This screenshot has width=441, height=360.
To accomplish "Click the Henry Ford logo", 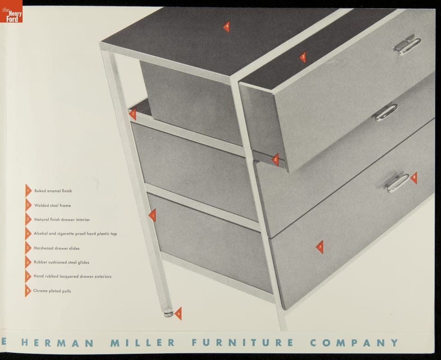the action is [x=11, y=11].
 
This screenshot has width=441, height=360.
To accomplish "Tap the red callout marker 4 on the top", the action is [x=227, y=27].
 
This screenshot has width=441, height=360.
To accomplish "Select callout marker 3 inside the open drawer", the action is [x=303, y=57].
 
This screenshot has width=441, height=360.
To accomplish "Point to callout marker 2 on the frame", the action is [x=133, y=114].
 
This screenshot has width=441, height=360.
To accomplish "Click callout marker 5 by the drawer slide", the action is [x=275, y=160].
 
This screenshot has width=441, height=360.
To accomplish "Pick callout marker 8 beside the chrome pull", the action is [x=414, y=178].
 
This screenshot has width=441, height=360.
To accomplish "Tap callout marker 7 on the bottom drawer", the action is [x=320, y=247].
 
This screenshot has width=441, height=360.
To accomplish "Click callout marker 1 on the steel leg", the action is [x=152, y=216].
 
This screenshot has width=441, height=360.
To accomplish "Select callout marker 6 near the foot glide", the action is [x=178, y=314].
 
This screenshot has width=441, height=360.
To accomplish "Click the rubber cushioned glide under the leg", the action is [x=168, y=313].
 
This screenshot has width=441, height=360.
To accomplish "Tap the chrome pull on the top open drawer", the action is [x=407, y=45].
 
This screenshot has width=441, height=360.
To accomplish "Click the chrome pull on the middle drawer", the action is [x=386, y=112].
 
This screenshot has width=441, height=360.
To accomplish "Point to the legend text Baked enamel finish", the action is [x=53, y=191].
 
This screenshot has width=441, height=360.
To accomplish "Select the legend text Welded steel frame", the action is [x=53, y=206].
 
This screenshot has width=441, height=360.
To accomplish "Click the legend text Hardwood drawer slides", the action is [x=56, y=248].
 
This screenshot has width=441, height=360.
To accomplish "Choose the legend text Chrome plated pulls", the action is [x=52, y=291].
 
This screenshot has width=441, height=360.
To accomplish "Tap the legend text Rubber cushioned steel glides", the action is [x=61, y=262].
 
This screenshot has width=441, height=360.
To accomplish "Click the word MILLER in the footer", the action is [x=143, y=343].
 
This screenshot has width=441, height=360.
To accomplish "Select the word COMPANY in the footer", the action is [x=355, y=343].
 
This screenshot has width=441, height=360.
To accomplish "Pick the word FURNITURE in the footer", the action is [x=243, y=343].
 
